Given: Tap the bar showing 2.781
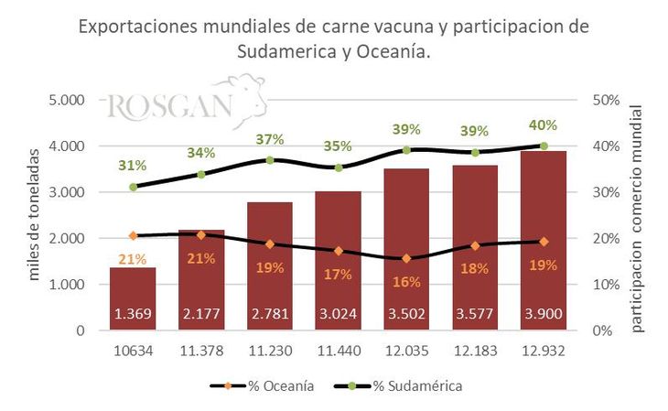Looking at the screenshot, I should click(270, 265).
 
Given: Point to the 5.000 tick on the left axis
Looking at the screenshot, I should click(65, 100).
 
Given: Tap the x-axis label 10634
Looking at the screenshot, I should click(133, 352).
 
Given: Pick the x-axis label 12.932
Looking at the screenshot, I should click(544, 352).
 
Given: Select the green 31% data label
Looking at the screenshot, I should click(133, 166).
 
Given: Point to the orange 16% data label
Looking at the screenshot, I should click(406, 281).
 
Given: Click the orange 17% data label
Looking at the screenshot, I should click(338, 273).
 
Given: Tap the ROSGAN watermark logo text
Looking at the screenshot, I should click(169, 105).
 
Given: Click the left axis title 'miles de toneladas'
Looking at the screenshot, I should click(35, 216).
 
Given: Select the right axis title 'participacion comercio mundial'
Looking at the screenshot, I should click(638, 216).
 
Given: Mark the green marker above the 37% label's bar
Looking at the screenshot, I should click(270, 160).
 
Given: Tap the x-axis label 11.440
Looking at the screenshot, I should click(338, 352).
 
